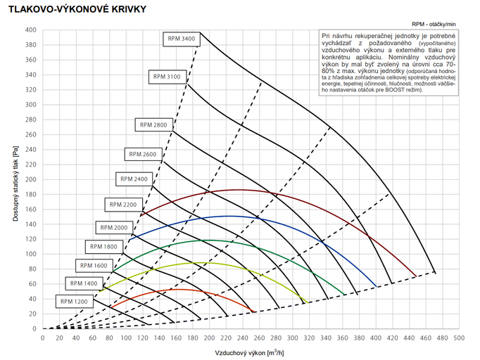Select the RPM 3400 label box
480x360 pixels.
[x=180, y=38]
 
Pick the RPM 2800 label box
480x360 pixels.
[x=153, y=124]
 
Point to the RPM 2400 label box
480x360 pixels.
[x=134, y=179]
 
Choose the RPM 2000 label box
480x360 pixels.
[x=114, y=228]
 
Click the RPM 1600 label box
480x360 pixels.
[x=94, y=266]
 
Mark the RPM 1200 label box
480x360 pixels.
[x=74, y=301]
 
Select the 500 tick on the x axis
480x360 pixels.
[x=459, y=337]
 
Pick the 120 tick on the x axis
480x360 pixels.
[x=142, y=337]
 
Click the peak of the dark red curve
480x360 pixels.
[x=237, y=190]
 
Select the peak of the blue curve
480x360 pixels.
[x=229, y=216]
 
